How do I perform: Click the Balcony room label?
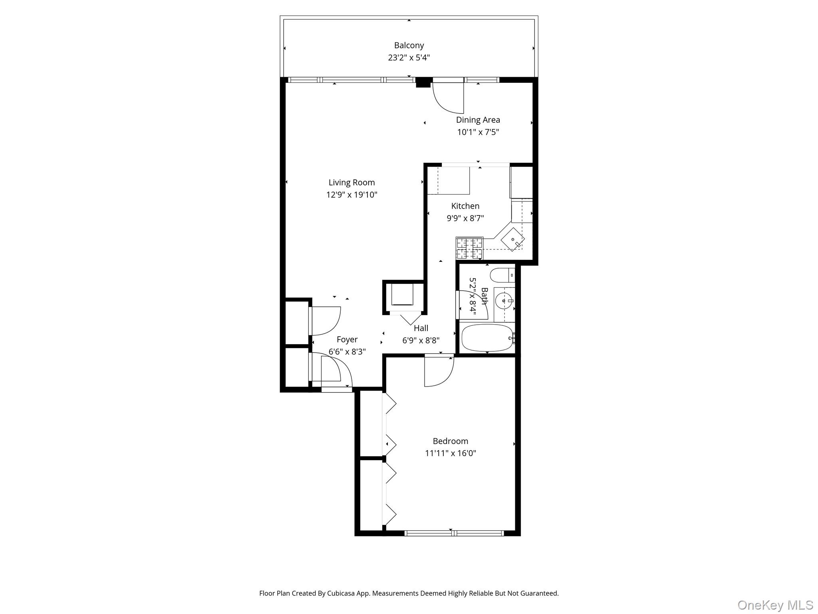point(409,46)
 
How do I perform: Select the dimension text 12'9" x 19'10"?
point(351,195)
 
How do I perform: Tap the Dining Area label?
point(478,120)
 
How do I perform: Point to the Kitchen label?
point(465,206)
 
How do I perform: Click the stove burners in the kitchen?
point(470,248)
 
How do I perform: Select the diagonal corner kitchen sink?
point(513,239)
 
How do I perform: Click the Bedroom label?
point(450,441)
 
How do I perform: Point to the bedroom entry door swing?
point(439,372)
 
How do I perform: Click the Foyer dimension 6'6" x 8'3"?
point(347,352)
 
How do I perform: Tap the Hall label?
point(421,328)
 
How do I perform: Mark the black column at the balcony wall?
point(423,82)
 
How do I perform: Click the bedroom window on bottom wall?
point(454,533)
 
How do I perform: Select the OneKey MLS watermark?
point(775,605)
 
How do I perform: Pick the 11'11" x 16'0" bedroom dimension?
point(450,453)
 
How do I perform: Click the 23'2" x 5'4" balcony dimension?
point(409,58)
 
